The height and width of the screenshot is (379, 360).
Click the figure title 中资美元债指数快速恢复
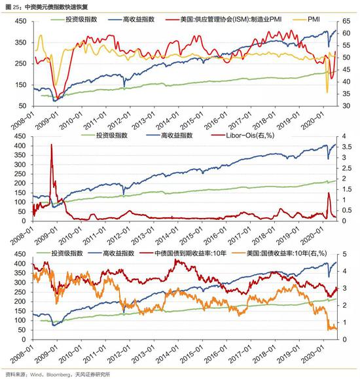coord(56,7)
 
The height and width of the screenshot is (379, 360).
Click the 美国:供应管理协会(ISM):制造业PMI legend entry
coord(223,20)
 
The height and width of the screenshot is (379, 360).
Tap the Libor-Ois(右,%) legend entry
coord(243,135)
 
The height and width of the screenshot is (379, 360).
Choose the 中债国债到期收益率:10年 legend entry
coord(183,253)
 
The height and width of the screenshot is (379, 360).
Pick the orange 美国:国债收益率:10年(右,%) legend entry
coord(279,253)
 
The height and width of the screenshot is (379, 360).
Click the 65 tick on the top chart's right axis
coord(346,21)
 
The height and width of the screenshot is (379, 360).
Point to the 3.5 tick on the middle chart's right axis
coord(346,147)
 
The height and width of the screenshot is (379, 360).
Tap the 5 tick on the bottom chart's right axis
coord(344,254)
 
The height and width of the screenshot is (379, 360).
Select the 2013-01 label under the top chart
coord(143,121)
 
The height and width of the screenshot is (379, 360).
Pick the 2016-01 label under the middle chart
coord(215,236)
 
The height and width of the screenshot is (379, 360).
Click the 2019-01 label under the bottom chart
coord(288,354)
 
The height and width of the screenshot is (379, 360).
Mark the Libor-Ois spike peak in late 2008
coord(51,145)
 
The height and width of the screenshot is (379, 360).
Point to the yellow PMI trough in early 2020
coord(327,92)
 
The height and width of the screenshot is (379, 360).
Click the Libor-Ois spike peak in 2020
coord(329,192)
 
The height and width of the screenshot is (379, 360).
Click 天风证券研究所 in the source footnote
coord(92,374)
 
